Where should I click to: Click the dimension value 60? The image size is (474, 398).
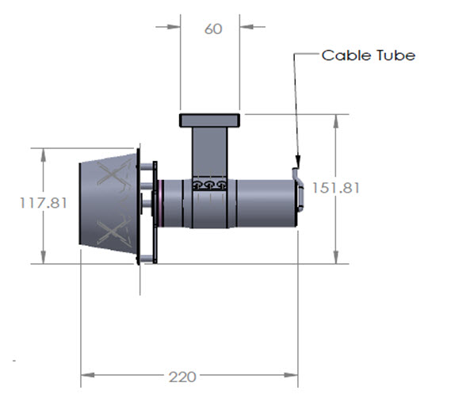pos(213,29)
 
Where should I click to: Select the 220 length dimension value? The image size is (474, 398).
pos(182,377)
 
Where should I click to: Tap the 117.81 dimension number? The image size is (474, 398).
pos(44,203)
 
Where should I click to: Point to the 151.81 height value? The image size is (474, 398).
pos(336,188)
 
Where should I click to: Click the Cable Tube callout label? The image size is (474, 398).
pos(369,55)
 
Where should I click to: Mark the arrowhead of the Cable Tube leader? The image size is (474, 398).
pos(298,161)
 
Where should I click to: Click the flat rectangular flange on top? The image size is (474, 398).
pos(210,121)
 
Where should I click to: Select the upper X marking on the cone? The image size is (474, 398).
pos(113,174)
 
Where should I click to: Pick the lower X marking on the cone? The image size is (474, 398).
pos(113,232)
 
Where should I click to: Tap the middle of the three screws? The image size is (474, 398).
pos(209,184)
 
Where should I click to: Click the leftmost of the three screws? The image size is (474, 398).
pos(197,185)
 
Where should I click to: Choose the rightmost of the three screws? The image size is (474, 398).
pos(221,184)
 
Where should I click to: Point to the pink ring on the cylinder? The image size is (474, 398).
pos(162,203)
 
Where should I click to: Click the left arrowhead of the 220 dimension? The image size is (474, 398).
pos(88,375)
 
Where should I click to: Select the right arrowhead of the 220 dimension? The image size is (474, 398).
pos(291,375)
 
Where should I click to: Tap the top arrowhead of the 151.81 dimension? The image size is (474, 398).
pos(336,121)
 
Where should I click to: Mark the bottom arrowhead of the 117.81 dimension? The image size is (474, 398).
pos(44,257)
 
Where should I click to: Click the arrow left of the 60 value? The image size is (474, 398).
pos(168,27)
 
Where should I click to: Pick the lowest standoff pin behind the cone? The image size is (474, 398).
pos(147,258)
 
